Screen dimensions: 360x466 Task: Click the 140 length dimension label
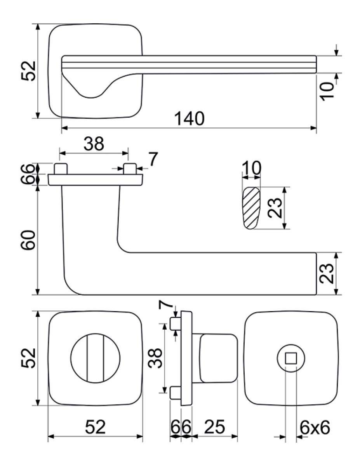pos(190,118)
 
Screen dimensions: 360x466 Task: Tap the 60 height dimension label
pos(28,240)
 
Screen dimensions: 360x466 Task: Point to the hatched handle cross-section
pos(251,208)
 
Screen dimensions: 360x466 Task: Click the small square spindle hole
pos(291,359)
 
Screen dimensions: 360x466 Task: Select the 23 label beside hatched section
pos(275,208)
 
